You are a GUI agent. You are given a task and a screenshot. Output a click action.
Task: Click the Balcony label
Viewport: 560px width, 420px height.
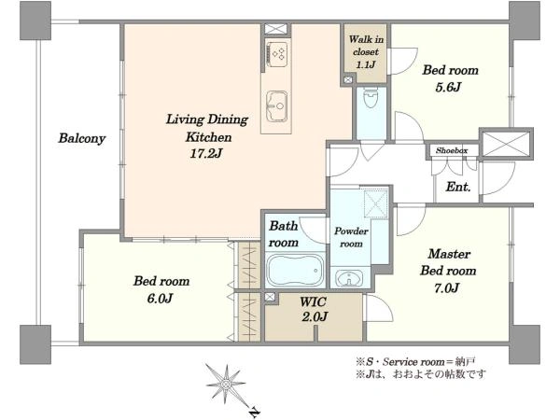coord(82,138)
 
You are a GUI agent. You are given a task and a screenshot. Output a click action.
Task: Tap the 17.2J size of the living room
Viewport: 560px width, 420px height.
coord(206,154)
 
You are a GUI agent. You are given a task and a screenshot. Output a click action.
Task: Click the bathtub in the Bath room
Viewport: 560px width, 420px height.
coord(295,270)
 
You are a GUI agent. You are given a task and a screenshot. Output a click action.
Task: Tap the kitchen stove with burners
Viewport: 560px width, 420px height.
coord(276,54)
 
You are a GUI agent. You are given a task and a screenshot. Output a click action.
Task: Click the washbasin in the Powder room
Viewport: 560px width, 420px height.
coord(349,278)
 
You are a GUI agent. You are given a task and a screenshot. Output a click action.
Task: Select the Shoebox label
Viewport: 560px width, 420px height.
coord(452,150)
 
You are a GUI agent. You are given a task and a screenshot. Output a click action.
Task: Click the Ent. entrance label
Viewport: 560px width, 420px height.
coord(458,187)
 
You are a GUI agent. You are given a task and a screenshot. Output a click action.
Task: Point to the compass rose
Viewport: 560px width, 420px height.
coord(226,385)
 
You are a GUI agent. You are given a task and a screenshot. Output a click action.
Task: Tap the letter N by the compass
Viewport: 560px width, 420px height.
coord(254,412)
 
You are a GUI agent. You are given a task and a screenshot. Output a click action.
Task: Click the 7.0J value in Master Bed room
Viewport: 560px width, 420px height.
coord(446,287)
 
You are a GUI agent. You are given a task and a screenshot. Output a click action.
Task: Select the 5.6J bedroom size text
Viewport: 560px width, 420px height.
coord(448,87)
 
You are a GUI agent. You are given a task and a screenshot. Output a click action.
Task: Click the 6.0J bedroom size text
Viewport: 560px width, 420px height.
coord(160,299)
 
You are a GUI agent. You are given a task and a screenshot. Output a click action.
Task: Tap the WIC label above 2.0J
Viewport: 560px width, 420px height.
coord(313,301)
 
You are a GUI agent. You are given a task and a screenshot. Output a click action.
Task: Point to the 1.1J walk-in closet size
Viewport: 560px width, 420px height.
coord(366,64)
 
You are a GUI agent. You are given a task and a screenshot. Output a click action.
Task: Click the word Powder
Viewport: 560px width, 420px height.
coord(351,231)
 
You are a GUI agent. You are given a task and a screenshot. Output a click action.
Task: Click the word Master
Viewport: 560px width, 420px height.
coord(449,254)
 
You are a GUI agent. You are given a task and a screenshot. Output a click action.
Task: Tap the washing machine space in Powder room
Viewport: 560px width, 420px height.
coord(376,203)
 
